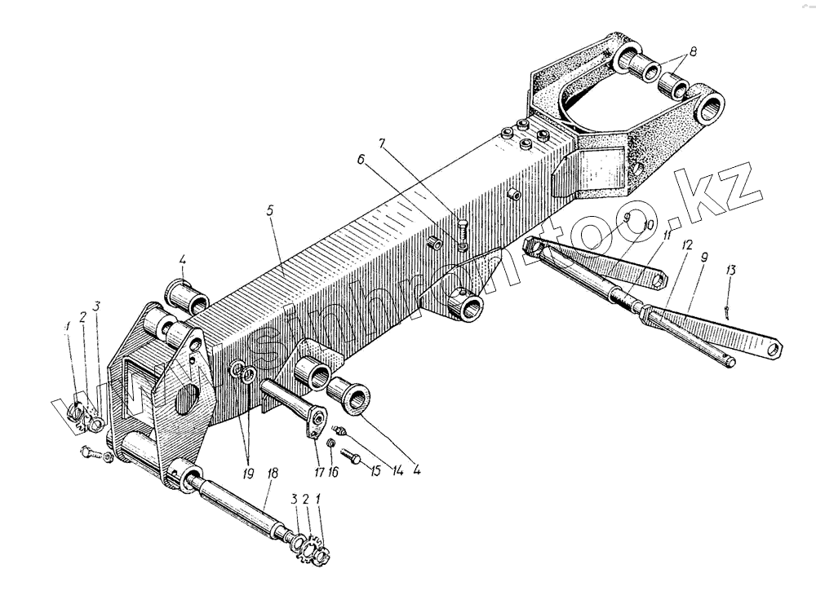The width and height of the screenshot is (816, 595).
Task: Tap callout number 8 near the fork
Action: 693,51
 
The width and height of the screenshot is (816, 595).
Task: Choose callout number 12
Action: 687,245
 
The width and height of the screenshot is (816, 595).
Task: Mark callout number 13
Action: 731,270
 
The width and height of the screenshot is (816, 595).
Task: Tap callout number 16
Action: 332,472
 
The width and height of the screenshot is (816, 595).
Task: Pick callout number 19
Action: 248,470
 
